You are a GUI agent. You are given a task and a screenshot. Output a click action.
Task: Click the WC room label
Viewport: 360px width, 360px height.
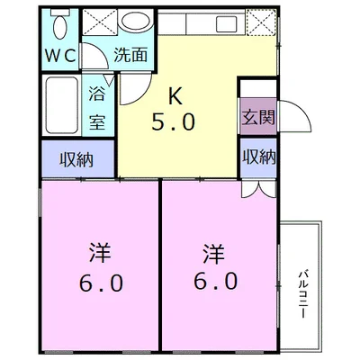click(60, 56)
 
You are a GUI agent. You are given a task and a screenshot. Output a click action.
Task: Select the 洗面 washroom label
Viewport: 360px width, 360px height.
click(130, 55)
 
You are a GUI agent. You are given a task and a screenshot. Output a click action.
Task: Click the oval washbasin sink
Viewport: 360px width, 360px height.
click(135, 21)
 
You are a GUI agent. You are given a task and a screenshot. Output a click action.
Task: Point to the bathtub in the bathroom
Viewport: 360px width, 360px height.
click(61, 105)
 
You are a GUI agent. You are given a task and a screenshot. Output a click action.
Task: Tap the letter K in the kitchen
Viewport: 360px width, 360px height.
click(175, 96)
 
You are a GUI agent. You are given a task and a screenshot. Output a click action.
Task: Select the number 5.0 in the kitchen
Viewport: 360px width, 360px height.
click(174, 121)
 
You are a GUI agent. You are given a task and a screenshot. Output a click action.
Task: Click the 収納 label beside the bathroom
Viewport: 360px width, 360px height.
click(76, 159)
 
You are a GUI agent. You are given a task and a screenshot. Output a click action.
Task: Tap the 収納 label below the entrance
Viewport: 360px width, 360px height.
click(259, 157)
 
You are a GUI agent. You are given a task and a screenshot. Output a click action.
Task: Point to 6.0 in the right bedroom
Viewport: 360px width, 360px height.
click(215, 282)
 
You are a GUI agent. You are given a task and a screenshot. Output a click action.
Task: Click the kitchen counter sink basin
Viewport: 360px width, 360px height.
click(226, 22)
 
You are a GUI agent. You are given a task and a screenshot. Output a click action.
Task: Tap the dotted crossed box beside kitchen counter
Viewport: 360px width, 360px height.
click(261, 22)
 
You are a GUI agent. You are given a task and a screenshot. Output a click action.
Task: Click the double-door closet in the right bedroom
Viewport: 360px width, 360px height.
click(258, 189)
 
